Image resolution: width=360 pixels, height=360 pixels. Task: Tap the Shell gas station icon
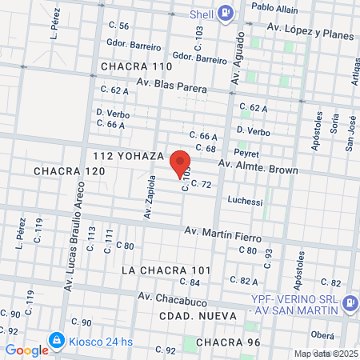(x=226, y=13)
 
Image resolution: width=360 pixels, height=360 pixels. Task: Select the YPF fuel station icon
(x=350, y=303)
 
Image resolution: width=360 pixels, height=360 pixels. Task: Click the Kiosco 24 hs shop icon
(x=56, y=340)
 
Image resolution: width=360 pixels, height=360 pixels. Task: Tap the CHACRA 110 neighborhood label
(x=137, y=66)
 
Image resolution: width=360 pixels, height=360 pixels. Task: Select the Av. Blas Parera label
(x=172, y=84)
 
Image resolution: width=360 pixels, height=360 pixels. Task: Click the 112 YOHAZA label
(x=128, y=154)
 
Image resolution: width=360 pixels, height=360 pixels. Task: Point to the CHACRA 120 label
(x=70, y=171)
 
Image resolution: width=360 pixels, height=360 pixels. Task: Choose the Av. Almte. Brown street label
(x=258, y=170)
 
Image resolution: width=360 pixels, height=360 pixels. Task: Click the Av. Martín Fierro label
(x=223, y=233)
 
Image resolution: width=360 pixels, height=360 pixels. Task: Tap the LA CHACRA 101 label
(x=166, y=270)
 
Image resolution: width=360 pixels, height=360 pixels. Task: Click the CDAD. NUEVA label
(x=198, y=316)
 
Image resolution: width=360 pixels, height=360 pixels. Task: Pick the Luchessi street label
(x=245, y=202)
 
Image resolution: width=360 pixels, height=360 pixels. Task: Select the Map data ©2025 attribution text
(x=326, y=354)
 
